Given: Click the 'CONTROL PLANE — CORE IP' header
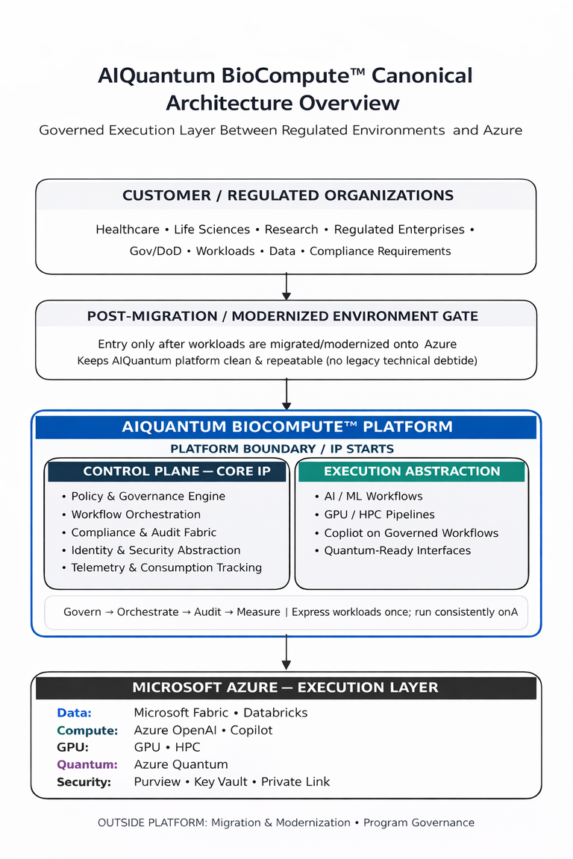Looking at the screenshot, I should pos(166,471).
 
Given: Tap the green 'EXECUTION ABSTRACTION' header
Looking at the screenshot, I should pos(412,471).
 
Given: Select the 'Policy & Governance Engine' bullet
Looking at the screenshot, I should pos(148,496).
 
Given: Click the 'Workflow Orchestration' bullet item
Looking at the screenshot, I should pos(136,515).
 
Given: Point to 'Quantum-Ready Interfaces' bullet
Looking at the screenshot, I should pos(397,550).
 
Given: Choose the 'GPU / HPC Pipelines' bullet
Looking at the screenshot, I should pos(379,515).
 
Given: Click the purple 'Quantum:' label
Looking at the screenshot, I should pos(87,764).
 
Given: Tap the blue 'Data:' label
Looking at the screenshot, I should pos(74,713).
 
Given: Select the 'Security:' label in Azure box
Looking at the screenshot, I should pos(84,782).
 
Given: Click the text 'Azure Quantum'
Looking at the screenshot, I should pos(181,764).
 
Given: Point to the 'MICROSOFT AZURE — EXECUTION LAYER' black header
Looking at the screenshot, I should pos(285,687).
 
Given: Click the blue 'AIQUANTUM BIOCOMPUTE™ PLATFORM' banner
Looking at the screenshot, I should pos(286,427).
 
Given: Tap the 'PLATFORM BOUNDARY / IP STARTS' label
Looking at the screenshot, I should pos(282,449).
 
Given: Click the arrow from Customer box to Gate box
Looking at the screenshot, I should pos(286,286).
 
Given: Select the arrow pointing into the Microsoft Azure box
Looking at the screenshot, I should pos(286,654).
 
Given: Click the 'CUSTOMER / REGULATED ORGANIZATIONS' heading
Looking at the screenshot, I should pos(287,195).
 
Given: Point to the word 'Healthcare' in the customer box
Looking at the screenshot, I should pos(126,230).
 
